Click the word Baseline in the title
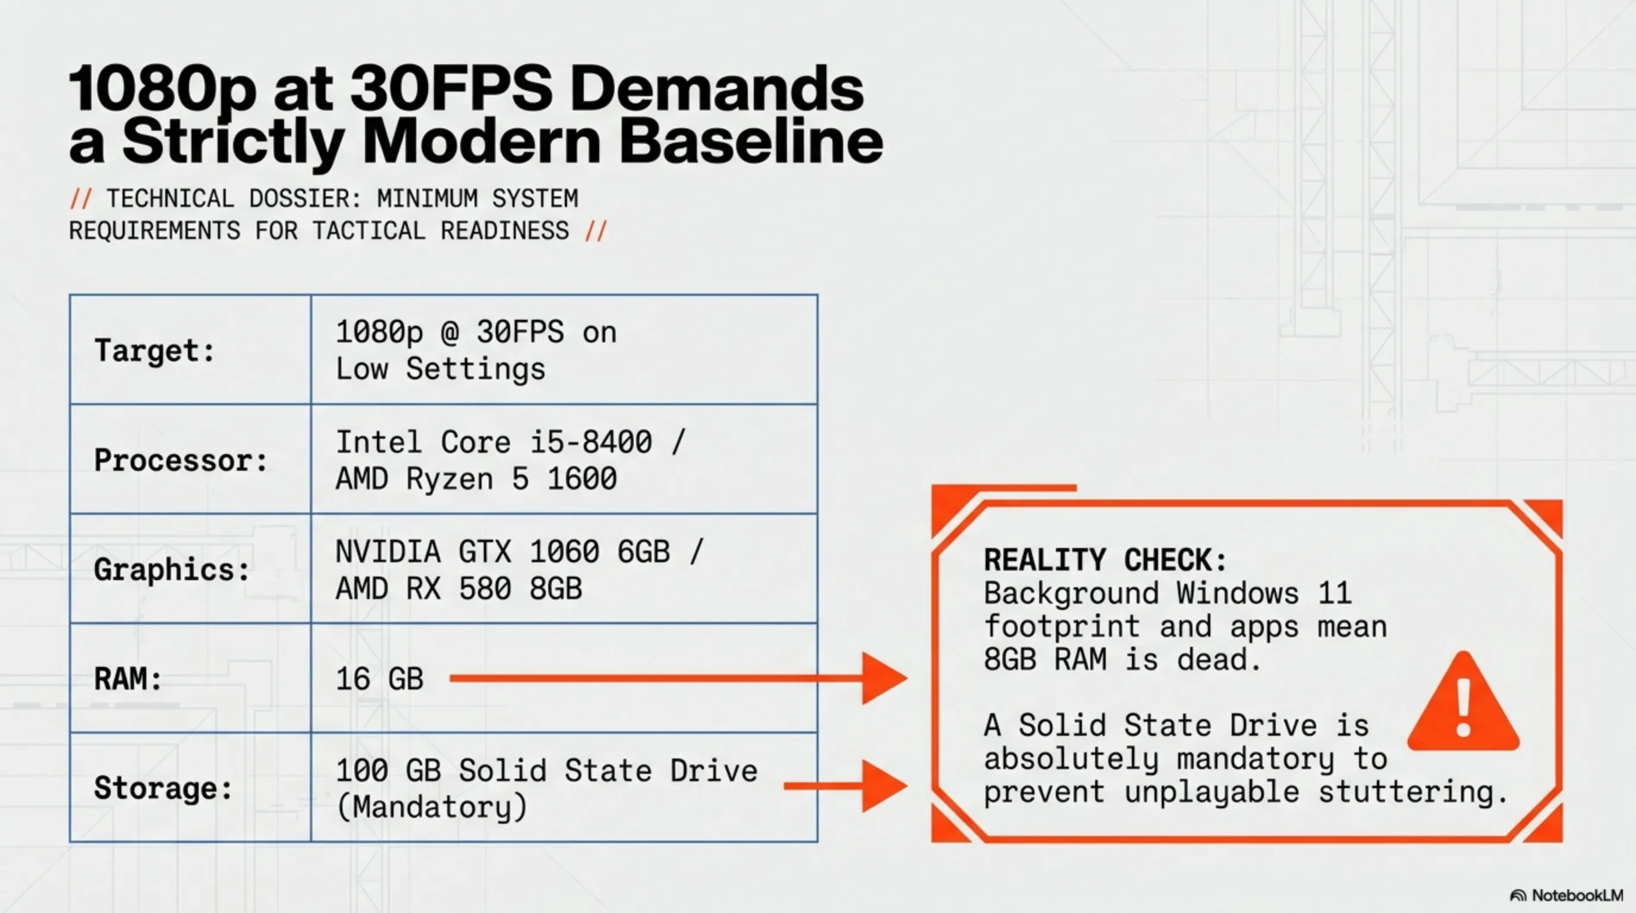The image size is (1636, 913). [x=751, y=141]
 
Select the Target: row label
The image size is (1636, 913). [x=155, y=351]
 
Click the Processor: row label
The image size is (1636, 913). [x=181, y=460]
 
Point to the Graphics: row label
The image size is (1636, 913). [x=172, y=570]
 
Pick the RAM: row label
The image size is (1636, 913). [x=128, y=679]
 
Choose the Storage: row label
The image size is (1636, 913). [x=164, y=789]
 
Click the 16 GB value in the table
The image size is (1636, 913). [x=379, y=679]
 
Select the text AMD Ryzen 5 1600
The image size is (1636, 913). [x=476, y=478]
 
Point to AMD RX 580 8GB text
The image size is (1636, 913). [x=458, y=588]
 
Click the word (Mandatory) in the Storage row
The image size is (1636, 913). [x=432, y=808]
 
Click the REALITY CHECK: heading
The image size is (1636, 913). [x=1105, y=560]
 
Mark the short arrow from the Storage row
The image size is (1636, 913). [x=846, y=786]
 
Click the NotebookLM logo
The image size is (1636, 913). [x=1566, y=895]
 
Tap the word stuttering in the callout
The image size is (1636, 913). [x=1412, y=792]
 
